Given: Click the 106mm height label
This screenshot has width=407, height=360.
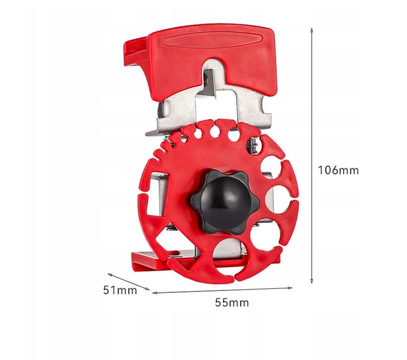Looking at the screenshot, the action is (338, 171).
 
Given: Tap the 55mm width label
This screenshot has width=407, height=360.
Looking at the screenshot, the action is (232, 302).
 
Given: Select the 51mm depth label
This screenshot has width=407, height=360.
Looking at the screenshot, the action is (120, 290).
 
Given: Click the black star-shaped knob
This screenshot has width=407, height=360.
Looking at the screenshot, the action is (225, 202).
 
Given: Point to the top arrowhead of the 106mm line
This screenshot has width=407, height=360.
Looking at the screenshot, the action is (312, 29).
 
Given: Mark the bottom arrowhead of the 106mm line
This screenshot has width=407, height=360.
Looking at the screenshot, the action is (312, 281).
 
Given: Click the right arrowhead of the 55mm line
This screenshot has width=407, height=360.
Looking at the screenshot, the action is (290, 288).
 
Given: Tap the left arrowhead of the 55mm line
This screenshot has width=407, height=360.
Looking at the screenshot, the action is (155, 293).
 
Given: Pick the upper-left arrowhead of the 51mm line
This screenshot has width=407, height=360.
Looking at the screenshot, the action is (110, 274).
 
